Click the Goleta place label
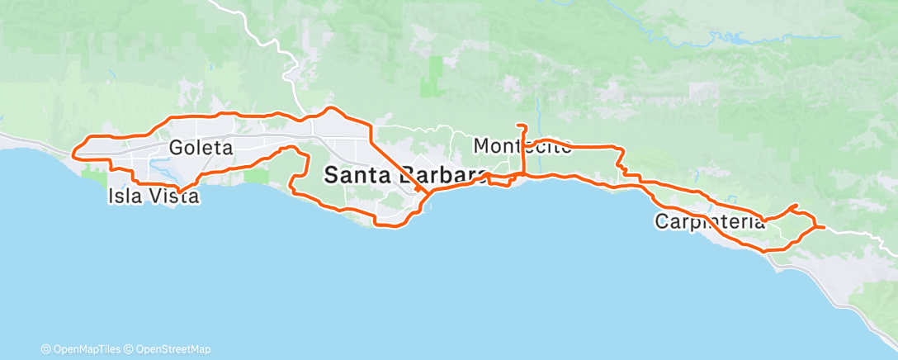coord(201,148)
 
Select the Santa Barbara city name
coord(404,175)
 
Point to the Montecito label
coord(522,147)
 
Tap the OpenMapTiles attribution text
coord(83,349)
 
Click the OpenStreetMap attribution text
coord(169,349)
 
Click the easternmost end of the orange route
coord(824,226)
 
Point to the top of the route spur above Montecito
coord(521,126)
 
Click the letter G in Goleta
coord(176,148)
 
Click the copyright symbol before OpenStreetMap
coord(130,349)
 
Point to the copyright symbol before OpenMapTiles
coord(46,349)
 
